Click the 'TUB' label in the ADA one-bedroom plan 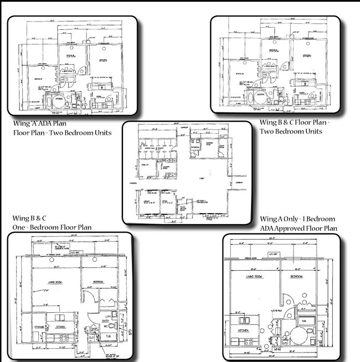(x=304, y=321)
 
